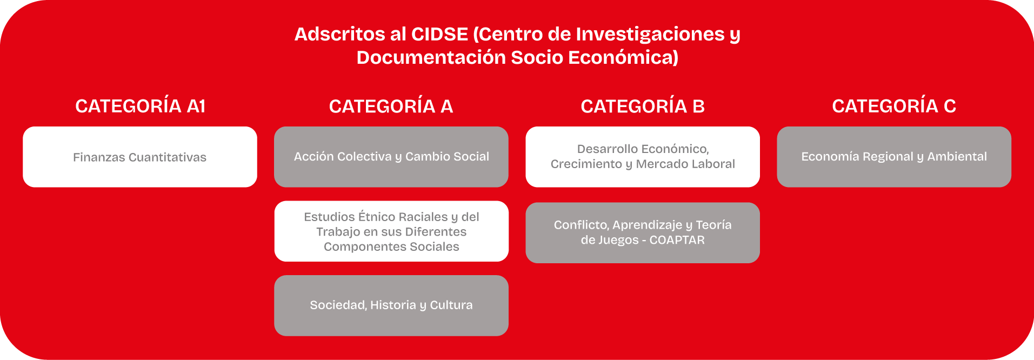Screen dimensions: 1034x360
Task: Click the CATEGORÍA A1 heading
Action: pyautogui.click(x=141, y=106)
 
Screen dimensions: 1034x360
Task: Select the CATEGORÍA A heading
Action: pyautogui.click(x=391, y=106)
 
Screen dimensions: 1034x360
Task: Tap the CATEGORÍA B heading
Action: pyautogui.click(x=643, y=106)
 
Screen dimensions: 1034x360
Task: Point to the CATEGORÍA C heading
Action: pyautogui.click(x=894, y=106)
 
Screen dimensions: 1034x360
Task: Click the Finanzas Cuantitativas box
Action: pyautogui.click(x=140, y=157)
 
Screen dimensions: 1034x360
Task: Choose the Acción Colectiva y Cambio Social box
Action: pyautogui.click(x=391, y=157)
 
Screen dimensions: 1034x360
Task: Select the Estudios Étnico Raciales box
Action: pyautogui.click(x=391, y=231)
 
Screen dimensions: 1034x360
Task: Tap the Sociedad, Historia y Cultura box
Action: pyautogui.click(x=391, y=305)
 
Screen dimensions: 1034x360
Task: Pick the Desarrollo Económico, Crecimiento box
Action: pyautogui.click(x=643, y=157)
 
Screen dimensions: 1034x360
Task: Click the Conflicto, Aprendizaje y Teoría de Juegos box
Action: pyautogui.click(x=643, y=233)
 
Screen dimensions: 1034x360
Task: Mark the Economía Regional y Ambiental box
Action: pyautogui.click(x=894, y=157)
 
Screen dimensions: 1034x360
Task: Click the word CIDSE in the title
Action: pyautogui.click(x=439, y=34)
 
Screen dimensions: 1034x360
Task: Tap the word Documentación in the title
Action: pyautogui.click(x=431, y=57)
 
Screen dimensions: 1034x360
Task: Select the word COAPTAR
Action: pyautogui.click(x=677, y=240)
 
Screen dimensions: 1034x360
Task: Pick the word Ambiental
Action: pyautogui.click(x=957, y=157)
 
